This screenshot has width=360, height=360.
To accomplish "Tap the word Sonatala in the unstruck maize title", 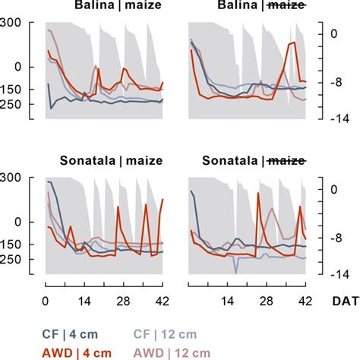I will pyautogui.click(x=86, y=162).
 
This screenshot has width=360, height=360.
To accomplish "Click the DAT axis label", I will pyautogui.click(x=340, y=301).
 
